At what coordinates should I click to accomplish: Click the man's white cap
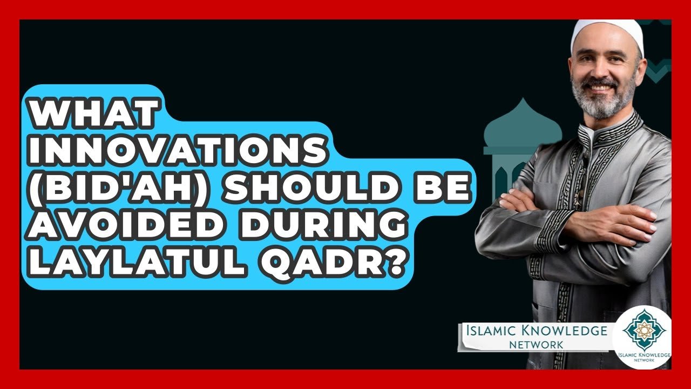(x=608, y=32)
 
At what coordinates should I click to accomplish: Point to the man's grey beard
(x=603, y=103)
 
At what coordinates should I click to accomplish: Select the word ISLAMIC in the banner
(x=490, y=331)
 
